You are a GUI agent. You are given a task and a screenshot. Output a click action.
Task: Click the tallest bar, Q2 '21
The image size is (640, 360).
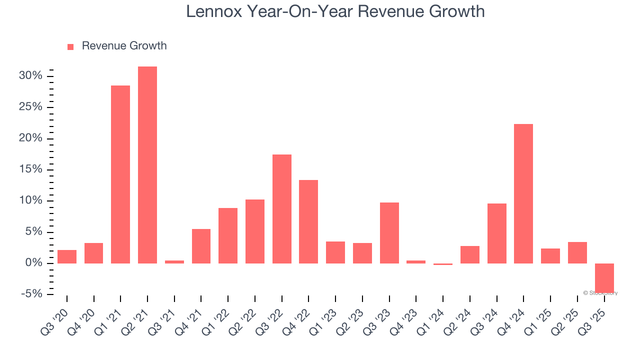[x=147, y=165]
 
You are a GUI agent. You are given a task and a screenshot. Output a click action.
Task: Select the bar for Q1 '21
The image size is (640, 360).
[x=120, y=174]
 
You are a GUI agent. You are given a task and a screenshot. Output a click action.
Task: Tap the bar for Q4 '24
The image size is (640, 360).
[x=523, y=193]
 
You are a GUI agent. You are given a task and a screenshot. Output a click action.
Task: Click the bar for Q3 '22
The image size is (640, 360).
[x=282, y=209]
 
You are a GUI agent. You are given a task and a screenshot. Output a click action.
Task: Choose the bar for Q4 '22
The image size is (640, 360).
[x=308, y=221]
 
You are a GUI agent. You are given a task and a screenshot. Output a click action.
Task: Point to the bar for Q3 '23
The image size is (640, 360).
[x=389, y=233]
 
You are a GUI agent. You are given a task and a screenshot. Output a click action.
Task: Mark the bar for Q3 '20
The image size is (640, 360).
[x=67, y=256]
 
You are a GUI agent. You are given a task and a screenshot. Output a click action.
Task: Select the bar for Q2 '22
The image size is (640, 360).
[x=255, y=231]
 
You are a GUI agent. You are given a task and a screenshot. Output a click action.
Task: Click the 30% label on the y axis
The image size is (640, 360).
[x=30, y=76]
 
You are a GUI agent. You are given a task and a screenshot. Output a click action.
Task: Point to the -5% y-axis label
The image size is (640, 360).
[x=31, y=294]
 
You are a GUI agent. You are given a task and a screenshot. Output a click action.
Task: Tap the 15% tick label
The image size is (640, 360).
[x=30, y=169]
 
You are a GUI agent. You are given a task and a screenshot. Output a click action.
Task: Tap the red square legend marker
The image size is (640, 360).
[x=70, y=46]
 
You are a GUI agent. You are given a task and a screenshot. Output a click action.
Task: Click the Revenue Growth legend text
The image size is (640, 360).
[x=124, y=46]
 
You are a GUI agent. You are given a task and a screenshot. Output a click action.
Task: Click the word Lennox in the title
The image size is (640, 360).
[x=213, y=11]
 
